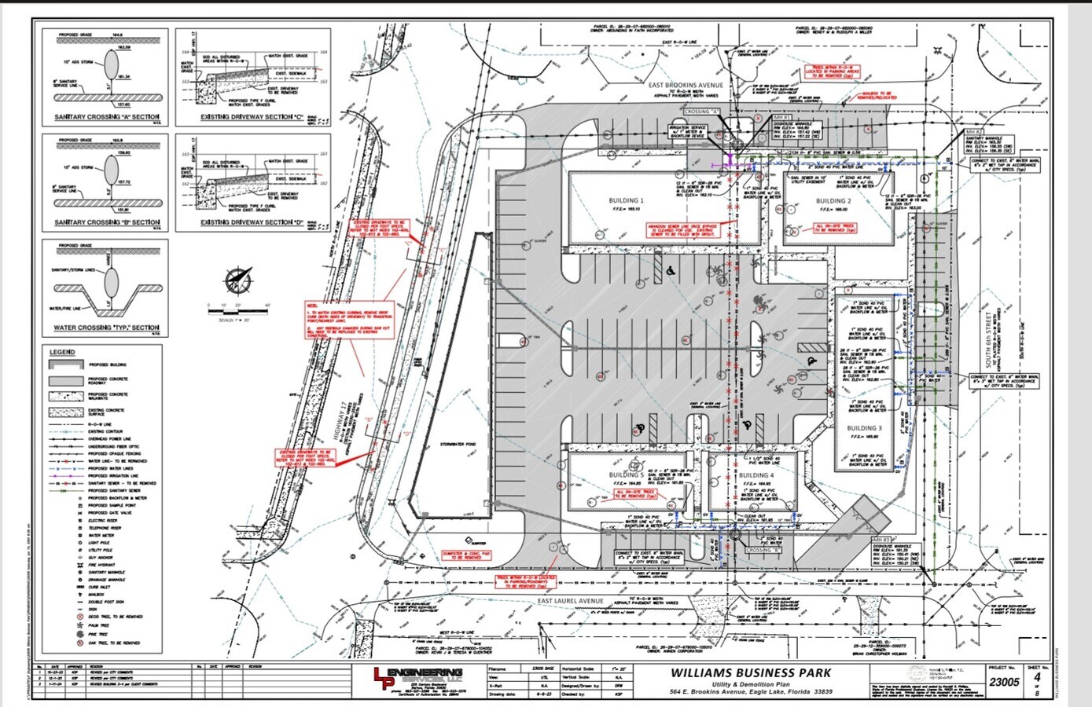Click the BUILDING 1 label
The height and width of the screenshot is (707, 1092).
[626, 201]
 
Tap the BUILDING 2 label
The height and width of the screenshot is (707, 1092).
[833, 201]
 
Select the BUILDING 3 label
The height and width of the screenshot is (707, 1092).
[864, 428]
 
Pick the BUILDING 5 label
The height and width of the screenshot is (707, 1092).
[626, 475]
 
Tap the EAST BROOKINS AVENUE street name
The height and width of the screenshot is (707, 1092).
[686, 85]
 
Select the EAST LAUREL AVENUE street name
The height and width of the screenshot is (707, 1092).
[570, 601]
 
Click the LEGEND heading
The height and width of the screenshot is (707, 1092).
[62, 352]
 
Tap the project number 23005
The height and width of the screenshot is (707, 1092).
[1004, 682]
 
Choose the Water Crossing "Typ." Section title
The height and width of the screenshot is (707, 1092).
[105, 328]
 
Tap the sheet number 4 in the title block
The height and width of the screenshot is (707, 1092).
[1037, 676]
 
